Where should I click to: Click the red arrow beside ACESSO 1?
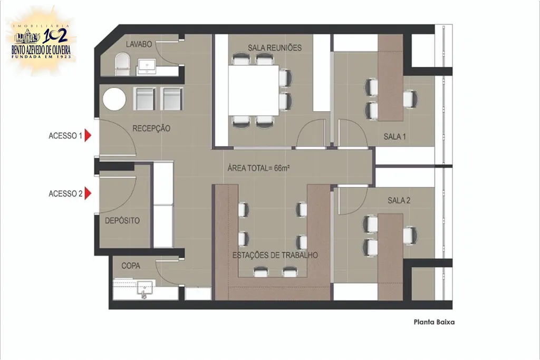pyautogui.click(x=88, y=135)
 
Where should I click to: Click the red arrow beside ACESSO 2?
pyautogui.click(x=88, y=193)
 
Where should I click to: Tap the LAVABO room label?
pyautogui.click(x=139, y=44)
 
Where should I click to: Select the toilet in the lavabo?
pyautogui.click(x=122, y=64)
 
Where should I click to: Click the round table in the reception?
pyautogui.click(x=114, y=99)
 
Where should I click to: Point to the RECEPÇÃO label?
pyautogui.click(x=151, y=129)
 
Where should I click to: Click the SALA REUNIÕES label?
pyautogui.click(x=275, y=48)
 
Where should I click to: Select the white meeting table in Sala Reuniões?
pyautogui.click(x=254, y=91)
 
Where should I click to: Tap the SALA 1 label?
pyautogui.click(x=394, y=137)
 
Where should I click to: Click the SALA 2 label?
pyautogui.click(x=399, y=200)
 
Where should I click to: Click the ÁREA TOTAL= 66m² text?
pyautogui.click(x=258, y=168)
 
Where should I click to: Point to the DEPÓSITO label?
pyautogui.click(x=122, y=221)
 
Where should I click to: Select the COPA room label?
pyautogui.click(x=131, y=266)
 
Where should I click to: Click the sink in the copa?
pyautogui.click(x=145, y=288)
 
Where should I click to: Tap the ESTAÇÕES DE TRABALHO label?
pyautogui.click(x=275, y=255)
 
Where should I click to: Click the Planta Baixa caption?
pyautogui.click(x=434, y=322)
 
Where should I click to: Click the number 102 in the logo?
pyautogui.click(x=55, y=35)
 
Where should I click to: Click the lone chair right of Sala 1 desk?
pyautogui.click(x=411, y=99)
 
